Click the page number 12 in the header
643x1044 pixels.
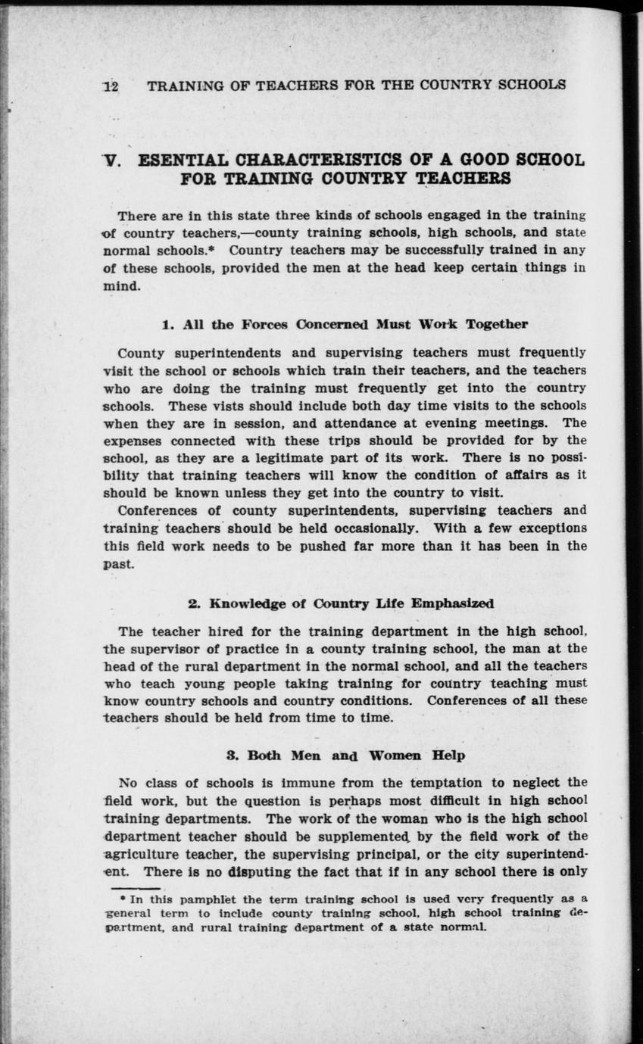[x=111, y=86]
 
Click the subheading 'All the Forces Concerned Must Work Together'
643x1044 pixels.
[x=345, y=325]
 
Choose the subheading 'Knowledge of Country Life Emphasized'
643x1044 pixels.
[x=341, y=603]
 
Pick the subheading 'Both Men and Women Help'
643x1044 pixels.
[x=346, y=756]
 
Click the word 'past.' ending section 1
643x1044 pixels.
[x=118, y=565]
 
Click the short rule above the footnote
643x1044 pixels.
[x=135, y=888]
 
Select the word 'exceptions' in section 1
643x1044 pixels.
[x=548, y=528]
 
